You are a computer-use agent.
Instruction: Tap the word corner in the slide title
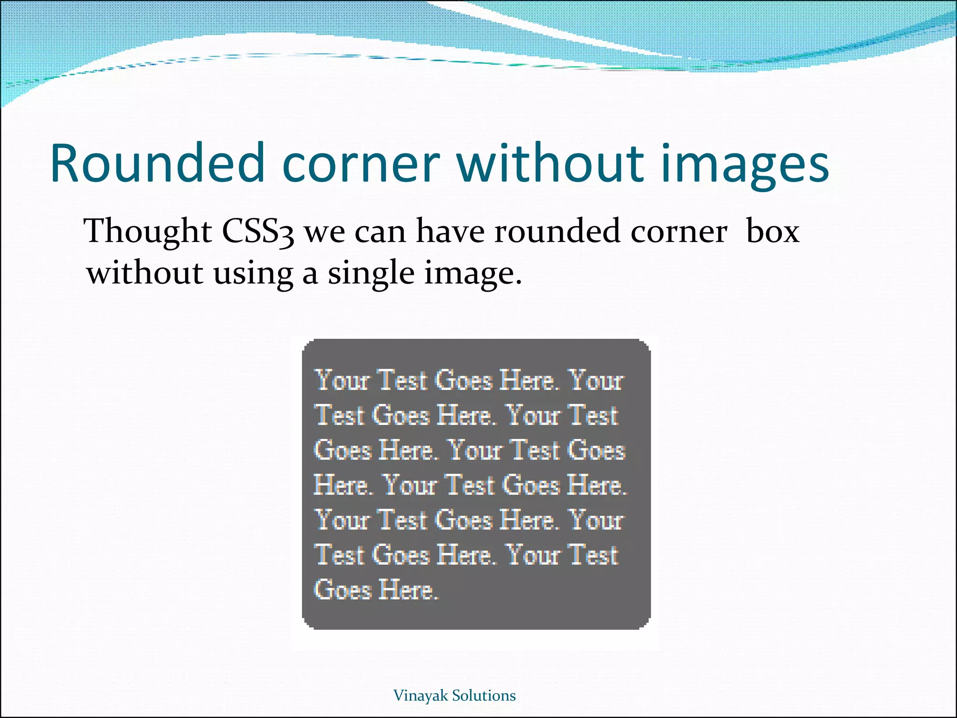click(x=361, y=163)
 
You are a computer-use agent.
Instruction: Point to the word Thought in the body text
click(x=148, y=231)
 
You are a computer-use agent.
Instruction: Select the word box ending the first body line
click(x=772, y=231)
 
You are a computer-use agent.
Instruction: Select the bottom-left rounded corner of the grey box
click(x=307, y=624)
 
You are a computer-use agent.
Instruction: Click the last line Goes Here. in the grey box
click(x=376, y=589)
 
